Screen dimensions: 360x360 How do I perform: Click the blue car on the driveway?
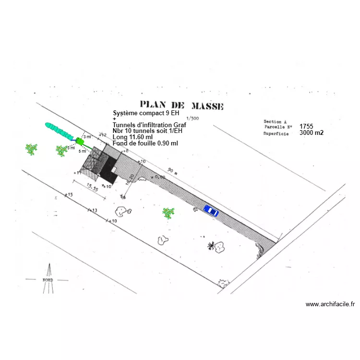210,210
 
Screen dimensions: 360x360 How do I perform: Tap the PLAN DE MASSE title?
181,105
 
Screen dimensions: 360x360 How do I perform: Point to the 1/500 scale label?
192,118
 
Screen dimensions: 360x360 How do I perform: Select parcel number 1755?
306,126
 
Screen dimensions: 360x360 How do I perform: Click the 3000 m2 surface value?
311,133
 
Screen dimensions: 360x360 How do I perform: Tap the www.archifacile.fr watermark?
330,304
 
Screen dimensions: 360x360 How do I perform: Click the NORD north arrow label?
48,279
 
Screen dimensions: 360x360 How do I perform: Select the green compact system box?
80,141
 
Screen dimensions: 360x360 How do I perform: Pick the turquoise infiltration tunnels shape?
59,130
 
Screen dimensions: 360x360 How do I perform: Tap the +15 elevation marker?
68,195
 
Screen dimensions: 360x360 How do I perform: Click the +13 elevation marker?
93,210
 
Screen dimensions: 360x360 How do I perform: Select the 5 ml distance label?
83,151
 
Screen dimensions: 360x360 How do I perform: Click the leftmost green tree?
32,149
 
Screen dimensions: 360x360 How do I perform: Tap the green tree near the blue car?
168,213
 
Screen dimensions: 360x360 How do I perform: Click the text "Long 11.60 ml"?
132,137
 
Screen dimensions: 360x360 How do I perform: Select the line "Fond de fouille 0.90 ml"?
145,143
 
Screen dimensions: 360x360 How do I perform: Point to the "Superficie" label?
276,134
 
